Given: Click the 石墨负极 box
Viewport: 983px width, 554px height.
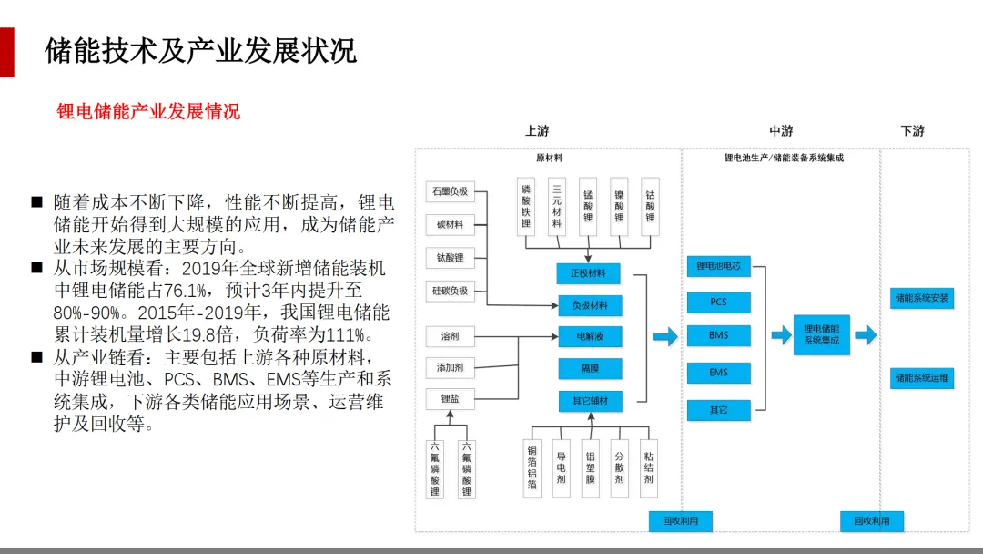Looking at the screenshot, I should tap(450, 191).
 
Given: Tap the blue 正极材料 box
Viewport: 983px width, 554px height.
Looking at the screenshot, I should tap(589, 272).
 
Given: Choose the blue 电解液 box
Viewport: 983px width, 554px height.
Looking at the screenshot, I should tap(589, 337).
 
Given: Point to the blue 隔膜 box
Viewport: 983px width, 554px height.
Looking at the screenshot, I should tap(589, 369).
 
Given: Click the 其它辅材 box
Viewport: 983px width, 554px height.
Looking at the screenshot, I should tap(589, 401).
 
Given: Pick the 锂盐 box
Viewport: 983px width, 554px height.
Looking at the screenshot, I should tap(450, 398).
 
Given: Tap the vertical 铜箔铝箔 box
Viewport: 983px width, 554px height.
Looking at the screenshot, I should tap(532, 467).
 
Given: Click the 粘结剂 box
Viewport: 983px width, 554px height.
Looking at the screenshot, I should tap(648, 467).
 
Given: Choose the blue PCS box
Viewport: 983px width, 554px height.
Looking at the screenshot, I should tap(718, 302).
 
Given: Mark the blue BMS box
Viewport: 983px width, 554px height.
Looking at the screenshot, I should tap(718, 335).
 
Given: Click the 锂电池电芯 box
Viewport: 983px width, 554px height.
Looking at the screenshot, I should tap(718, 266).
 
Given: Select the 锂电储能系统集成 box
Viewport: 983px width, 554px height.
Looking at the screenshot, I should tap(821, 334).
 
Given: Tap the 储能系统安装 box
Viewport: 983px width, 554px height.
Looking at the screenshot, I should tap(922, 298).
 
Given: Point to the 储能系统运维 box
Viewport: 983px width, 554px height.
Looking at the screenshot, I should tap(922, 377).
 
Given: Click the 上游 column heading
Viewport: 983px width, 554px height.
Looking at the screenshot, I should tap(537, 131).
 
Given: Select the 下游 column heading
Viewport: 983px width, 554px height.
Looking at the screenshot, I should tap(912, 131).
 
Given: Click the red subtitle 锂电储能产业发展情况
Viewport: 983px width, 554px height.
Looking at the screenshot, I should tap(148, 112).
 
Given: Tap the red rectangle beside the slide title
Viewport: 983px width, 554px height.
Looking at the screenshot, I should tap(6, 52).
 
